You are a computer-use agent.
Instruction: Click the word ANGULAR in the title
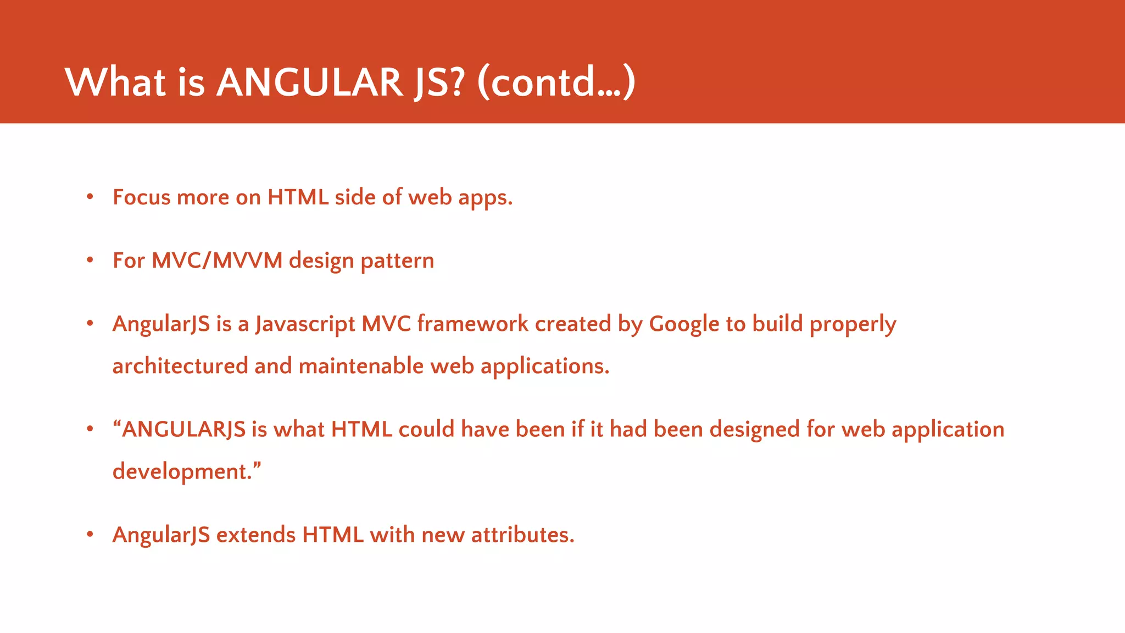(310, 82)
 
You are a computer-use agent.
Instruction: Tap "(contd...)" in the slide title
(556, 82)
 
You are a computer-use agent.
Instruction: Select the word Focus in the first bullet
(141, 197)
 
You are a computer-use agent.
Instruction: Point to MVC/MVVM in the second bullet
(216, 260)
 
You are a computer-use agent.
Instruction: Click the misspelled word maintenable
(361, 366)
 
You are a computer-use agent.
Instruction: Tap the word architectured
(180, 366)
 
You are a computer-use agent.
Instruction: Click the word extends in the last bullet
(256, 535)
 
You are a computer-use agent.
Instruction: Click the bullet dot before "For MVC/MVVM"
(90, 260)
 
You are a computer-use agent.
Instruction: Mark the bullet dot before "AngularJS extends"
(90, 534)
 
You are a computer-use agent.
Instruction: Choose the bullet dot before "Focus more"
(90, 197)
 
